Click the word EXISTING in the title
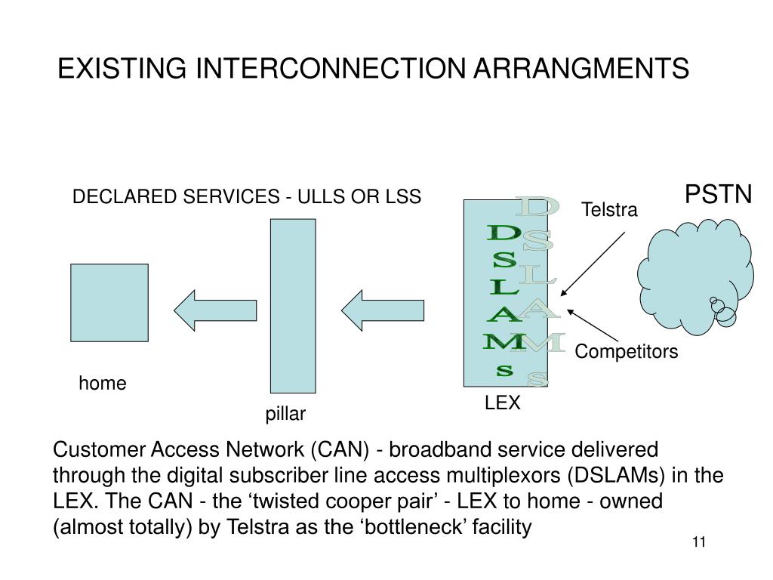coord(122,68)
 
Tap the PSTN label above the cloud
coord(719,194)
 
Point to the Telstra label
coord(609,210)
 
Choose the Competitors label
coord(626,352)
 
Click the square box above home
coord(109,303)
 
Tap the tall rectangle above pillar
coord(293,306)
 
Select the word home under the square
coord(103,383)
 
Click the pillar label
coord(285,414)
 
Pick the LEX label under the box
coord(502,403)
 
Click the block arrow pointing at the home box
coord(215,310)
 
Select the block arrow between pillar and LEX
coord(383,310)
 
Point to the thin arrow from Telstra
coord(593,264)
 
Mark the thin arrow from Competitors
coord(593,325)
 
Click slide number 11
coord(699,542)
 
